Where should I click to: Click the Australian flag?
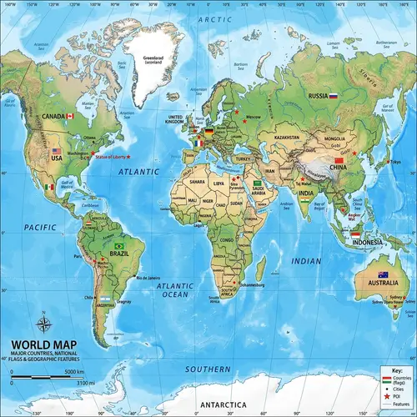pos(382,274)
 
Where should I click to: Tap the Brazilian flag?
pos(118,246)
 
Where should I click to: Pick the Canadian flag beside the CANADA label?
pos(71,116)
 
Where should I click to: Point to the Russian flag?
pos(334,96)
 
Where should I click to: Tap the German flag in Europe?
pos(208,132)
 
